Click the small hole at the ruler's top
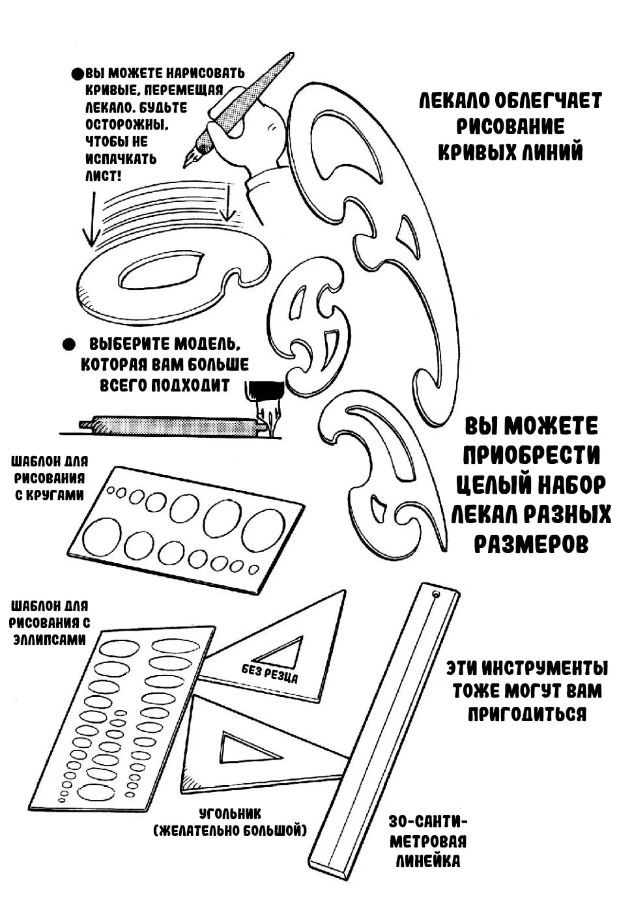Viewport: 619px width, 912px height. pos(436,594)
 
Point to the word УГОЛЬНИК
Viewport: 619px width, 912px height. pos(230,814)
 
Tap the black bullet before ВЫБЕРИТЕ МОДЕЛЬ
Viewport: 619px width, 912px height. pos(69,345)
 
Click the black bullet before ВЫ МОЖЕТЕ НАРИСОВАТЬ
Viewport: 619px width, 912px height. pos(77,74)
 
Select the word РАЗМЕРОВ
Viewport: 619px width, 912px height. pos(532,544)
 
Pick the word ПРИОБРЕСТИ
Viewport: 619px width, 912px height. pos(532,455)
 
